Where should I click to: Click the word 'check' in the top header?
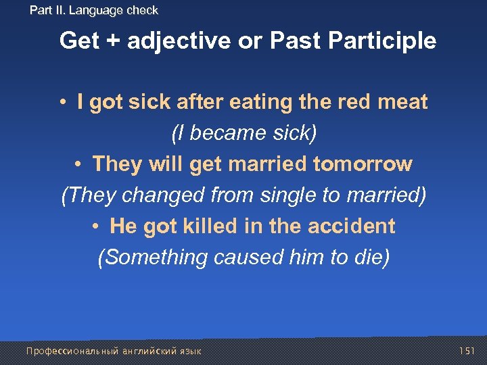pyautogui.click(x=142, y=10)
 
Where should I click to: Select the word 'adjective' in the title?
pyautogui.click(x=178, y=41)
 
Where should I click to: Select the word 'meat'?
pyautogui.click(x=402, y=103)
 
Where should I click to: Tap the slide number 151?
pyautogui.click(x=467, y=351)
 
